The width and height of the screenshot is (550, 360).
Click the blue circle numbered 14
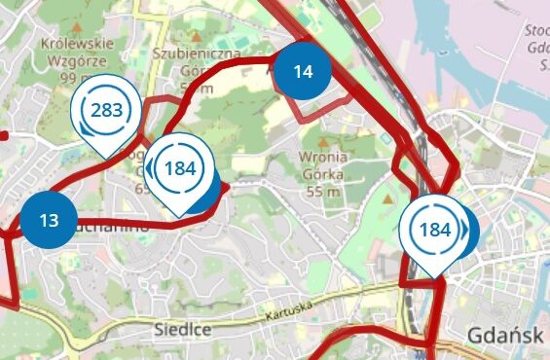(302, 71)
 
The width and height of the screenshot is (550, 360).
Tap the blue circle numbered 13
(49, 220)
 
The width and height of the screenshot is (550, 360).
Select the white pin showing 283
(105, 110)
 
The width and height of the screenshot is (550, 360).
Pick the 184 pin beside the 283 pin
(179, 168)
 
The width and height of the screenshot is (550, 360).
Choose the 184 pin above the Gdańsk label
(433, 231)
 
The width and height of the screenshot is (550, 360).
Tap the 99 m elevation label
(75, 77)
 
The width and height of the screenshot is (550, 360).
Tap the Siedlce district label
(183, 330)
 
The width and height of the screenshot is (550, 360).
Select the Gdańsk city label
(504, 336)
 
